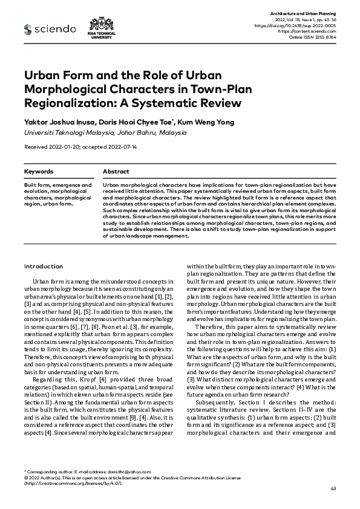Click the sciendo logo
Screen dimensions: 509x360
click(50, 29)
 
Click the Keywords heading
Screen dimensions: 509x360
click(38, 172)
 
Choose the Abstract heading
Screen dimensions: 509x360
click(116, 172)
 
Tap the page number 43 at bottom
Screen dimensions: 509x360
click(332, 488)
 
